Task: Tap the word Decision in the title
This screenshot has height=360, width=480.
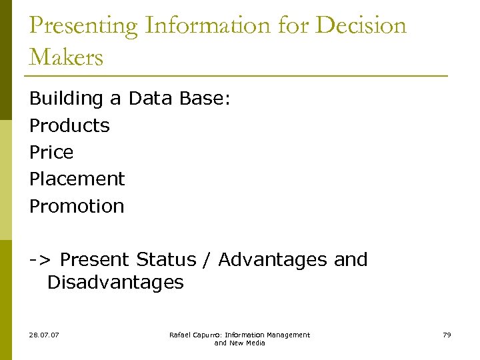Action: [361, 26]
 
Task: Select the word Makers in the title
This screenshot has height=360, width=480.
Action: [66, 57]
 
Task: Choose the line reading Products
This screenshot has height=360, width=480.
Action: [69, 125]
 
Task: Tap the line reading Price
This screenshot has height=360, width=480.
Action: [51, 152]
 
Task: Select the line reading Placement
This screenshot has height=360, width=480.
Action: [77, 179]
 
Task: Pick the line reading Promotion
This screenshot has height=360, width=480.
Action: [77, 206]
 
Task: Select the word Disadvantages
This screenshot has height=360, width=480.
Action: [115, 282]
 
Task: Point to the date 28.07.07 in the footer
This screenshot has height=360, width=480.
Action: [44, 335]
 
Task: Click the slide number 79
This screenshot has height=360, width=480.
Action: [447, 335]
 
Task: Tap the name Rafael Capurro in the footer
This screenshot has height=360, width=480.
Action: [195, 335]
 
